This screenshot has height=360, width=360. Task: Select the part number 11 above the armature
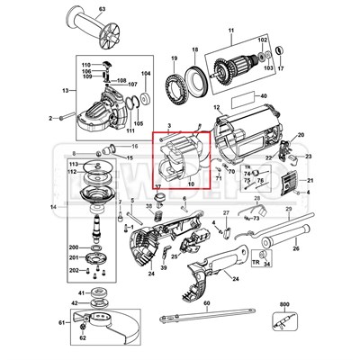[x=230, y=32]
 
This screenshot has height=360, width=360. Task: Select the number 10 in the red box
[x=191, y=184]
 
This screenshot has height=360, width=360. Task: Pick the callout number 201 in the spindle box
[x=73, y=257]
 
